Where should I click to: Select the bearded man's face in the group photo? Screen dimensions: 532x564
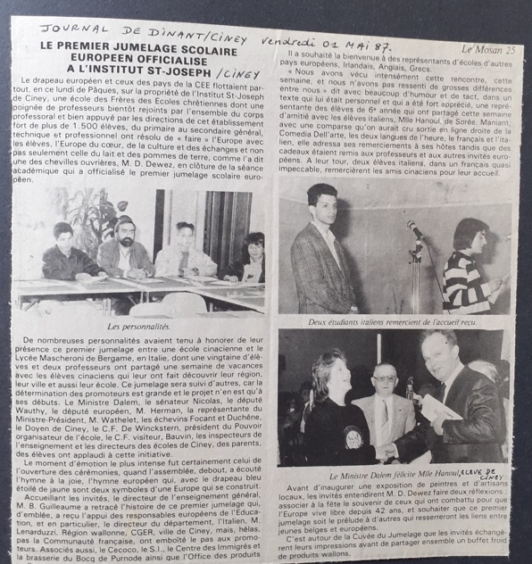click(125, 229)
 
